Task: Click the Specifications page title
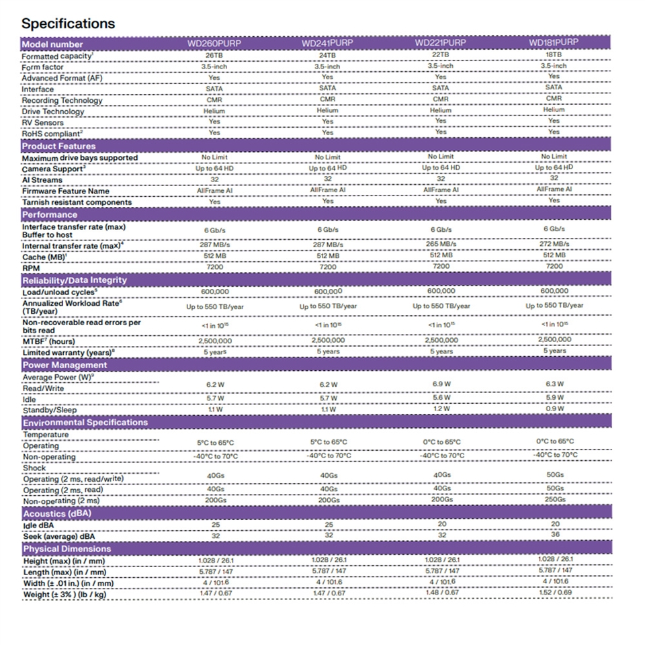pyautogui.click(x=68, y=24)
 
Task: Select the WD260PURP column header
pyautogui.click(x=214, y=44)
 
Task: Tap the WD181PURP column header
pyautogui.click(x=554, y=42)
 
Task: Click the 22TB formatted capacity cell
pyautogui.click(x=440, y=54)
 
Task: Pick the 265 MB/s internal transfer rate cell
pyautogui.click(x=441, y=244)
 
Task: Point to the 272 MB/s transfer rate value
pyautogui.click(x=554, y=244)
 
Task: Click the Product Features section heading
pyautogui.click(x=59, y=146)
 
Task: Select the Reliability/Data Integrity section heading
pyautogui.click(x=75, y=280)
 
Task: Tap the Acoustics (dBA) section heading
pyautogui.click(x=57, y=514)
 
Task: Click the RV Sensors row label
pyautogui.click(x=43, y=123)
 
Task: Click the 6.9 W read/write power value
pyautogui.click(x=441, y=383)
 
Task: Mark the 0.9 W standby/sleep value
pyautogui.click(x=554, y=408)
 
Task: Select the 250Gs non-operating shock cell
pyautogui.click(x=554, y=499)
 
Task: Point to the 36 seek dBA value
pyautogui.click(x=554, y=535)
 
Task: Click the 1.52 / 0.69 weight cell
pyautogui.click(x=554, y=593)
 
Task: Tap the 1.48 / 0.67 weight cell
pyautogui.click(x=441, y=593)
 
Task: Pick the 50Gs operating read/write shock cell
pyautogui.click(x=554, y=474)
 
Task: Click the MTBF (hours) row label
pyautogui.click(x=49, y=342)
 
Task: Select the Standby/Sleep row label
pyautogui.click(x=50, y=410)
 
